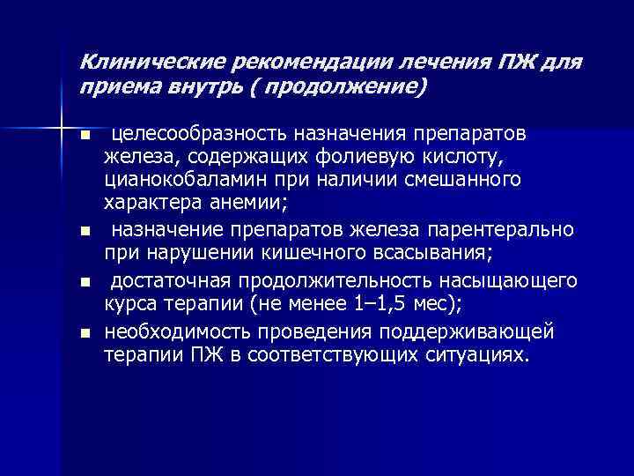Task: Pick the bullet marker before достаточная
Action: (85, 283)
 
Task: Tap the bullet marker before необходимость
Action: (85, 333)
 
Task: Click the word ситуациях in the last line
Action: (475, 355)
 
